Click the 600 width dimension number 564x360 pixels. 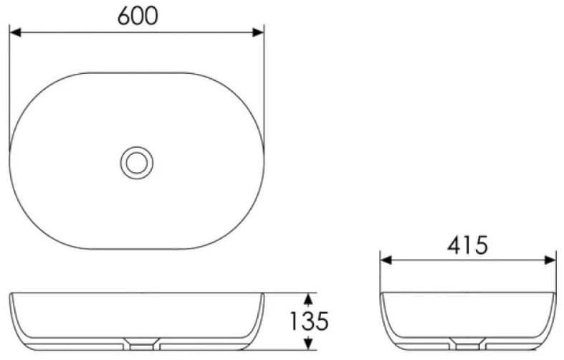138,16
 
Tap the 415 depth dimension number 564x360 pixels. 467,245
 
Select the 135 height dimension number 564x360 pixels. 310,321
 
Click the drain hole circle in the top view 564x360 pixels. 137,163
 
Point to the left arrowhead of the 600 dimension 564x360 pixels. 15,33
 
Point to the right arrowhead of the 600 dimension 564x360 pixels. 258,33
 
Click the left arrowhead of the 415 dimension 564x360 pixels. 386,260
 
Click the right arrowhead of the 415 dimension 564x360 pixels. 550,260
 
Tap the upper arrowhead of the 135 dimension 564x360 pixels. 308,299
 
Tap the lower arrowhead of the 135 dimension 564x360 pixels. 308,344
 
